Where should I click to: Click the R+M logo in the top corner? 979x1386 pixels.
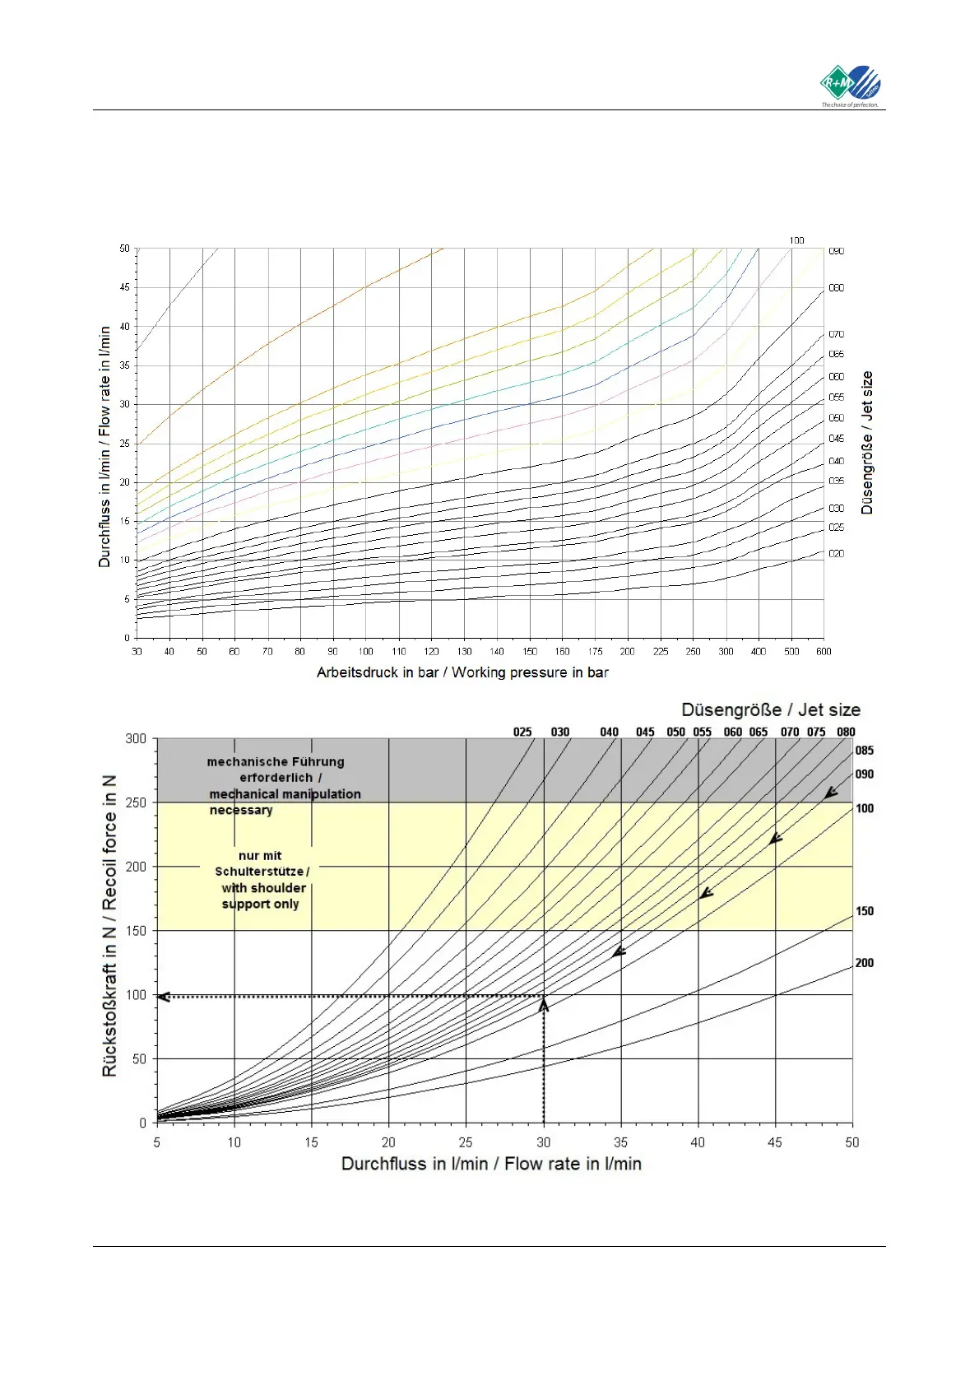[x=851, y=86]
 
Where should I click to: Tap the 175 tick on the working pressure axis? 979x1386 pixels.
[x=595, y=651]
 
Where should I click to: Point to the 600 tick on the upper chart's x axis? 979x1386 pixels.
[x=824, y=651]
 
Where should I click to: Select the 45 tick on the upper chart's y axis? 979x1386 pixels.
[x=124, y=287]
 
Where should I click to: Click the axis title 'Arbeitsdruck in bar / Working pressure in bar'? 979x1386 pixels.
[x=462, y=672]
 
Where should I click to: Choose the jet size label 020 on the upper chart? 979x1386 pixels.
[x=836, y=554]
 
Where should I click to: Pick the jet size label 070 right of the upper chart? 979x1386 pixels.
[x=836, y=334]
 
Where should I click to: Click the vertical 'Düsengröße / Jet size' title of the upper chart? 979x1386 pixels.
[x=867, y=442]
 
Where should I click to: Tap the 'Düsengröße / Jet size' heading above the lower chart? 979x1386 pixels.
[x=770, y=709]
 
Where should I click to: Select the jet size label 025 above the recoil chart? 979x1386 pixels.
[x=522, y=732]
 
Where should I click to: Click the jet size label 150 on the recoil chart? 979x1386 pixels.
[x=865, y=911]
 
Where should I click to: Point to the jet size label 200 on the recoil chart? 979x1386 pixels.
[x=865, y=963]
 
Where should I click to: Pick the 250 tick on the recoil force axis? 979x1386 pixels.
[x=136, y=802]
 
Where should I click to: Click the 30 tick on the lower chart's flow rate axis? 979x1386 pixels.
[x=543, y=1142]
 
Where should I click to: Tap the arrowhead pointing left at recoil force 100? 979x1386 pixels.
[x=163, y=997]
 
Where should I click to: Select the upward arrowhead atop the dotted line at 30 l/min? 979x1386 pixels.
[x=543, y=1003]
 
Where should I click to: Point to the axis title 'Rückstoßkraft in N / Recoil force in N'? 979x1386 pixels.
[x=109, y=926]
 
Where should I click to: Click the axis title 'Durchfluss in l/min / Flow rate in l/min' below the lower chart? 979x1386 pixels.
[x=491, y=1164]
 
